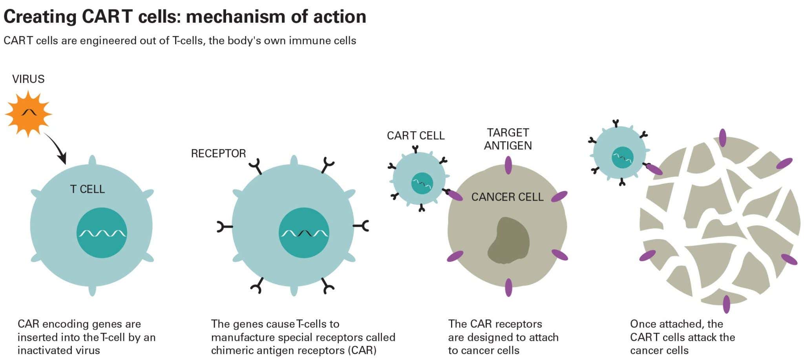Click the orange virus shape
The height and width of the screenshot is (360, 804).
point(28,114)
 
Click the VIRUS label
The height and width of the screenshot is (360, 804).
point(28,79)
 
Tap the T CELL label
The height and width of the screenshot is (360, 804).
point(88,189)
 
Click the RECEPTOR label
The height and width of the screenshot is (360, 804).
point(218,154)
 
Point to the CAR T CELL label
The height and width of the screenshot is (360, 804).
point(415,136)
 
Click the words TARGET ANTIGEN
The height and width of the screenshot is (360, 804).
point(508,139)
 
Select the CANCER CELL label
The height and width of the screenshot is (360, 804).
point(507,197)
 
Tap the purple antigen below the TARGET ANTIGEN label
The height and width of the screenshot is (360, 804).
point(508,165)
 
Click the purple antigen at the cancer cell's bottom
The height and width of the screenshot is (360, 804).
point(508,287)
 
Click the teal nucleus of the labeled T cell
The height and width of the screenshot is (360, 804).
point(102,233)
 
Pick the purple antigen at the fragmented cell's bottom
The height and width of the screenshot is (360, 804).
point(726,304)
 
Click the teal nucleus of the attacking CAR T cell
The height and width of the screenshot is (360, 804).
point(623,157)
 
